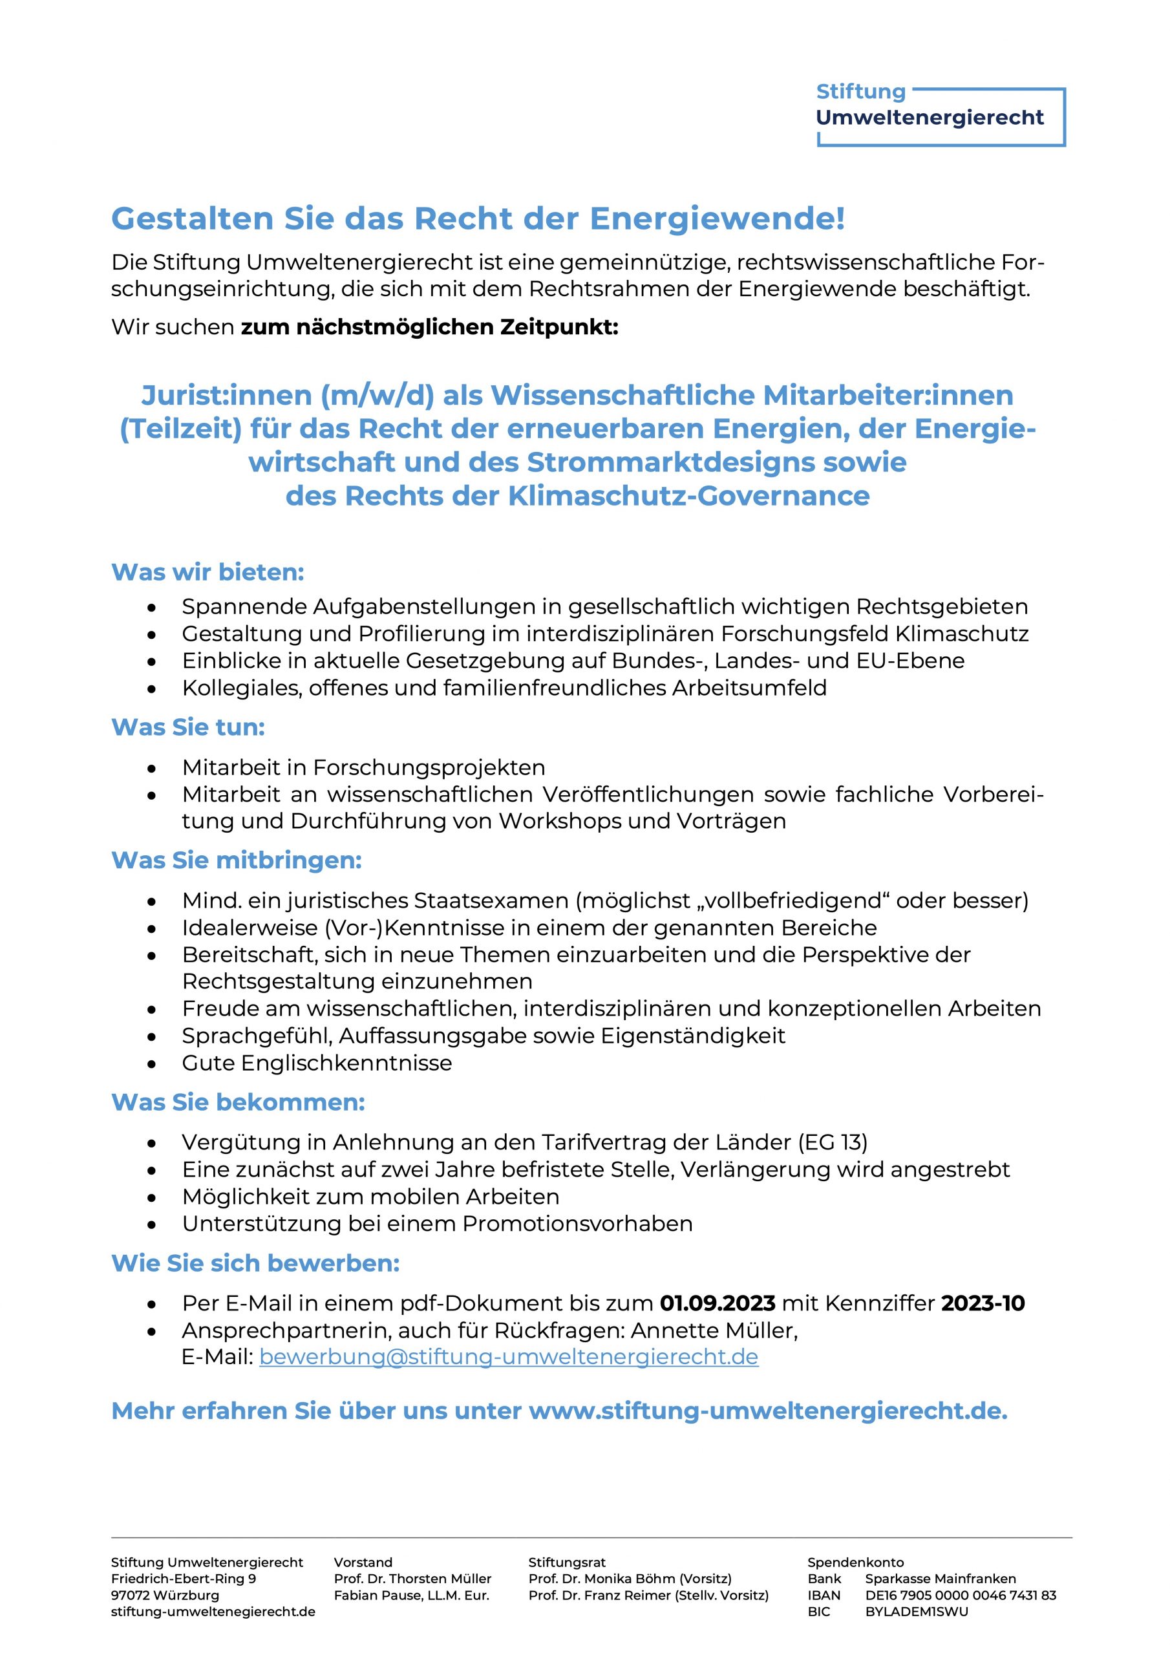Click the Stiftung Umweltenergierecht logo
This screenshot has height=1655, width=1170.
click(939, 115)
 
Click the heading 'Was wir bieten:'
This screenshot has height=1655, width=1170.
click(207, 572)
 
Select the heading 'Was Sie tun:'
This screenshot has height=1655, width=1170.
click(188, 727)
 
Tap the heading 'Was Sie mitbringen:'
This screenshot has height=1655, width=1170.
click(237, 860)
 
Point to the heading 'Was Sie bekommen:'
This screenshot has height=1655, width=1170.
click(238, 1102)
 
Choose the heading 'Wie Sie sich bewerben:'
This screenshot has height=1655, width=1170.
click(255, 1264)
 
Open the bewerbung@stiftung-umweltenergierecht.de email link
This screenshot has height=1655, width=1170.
click(508, 1358)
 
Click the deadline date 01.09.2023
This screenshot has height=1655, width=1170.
click(718, 1303)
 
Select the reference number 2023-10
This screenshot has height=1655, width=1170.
click(983, 1303)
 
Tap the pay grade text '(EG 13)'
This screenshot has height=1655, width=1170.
click(833, 1142)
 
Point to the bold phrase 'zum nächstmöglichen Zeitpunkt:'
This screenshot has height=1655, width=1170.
click(429, 327)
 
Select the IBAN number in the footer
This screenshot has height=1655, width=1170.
click(960, 1595)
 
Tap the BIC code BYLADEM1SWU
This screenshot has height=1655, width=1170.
click(916, 1612)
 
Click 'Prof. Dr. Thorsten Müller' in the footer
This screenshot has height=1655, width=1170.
click(412, 1579)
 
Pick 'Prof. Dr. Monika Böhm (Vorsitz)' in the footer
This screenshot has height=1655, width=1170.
click(630, 1579)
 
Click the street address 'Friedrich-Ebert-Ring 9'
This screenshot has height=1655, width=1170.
click(183, 1579)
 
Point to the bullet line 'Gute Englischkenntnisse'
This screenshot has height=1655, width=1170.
click(317, 1063)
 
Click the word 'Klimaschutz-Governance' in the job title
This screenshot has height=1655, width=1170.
click(688, 496)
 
